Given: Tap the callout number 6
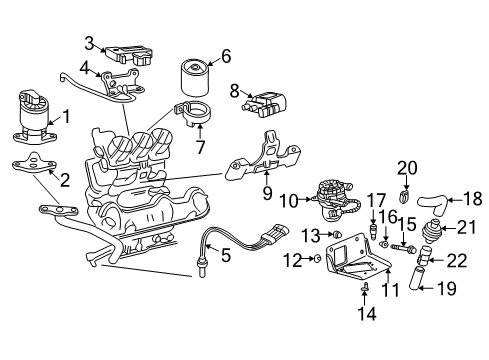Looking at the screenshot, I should click(225, 56).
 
